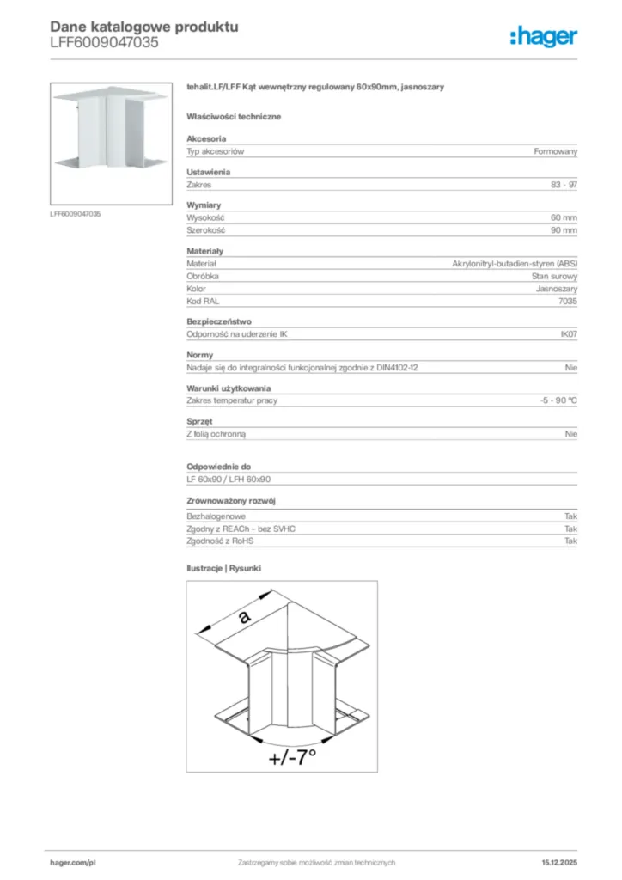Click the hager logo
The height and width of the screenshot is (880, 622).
click(544, 35)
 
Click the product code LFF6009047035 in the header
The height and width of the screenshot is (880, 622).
click(104, 42)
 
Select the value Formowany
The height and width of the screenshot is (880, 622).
click(556, 151)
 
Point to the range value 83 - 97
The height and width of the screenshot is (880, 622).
click(564, 185)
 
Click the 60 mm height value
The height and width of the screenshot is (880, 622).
click(564, 217)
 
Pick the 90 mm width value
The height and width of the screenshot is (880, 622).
click(564, 230)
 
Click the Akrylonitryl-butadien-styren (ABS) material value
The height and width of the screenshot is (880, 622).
click(515, 264)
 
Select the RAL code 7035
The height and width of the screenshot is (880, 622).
click(568, 302)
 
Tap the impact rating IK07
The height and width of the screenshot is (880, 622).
click(569, 334)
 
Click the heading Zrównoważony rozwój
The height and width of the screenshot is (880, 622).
click(231, 500)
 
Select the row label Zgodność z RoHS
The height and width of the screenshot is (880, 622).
click(221, 541)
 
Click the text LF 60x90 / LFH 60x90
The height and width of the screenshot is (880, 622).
click(229, 479)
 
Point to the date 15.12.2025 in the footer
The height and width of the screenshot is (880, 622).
click(559, 862)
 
